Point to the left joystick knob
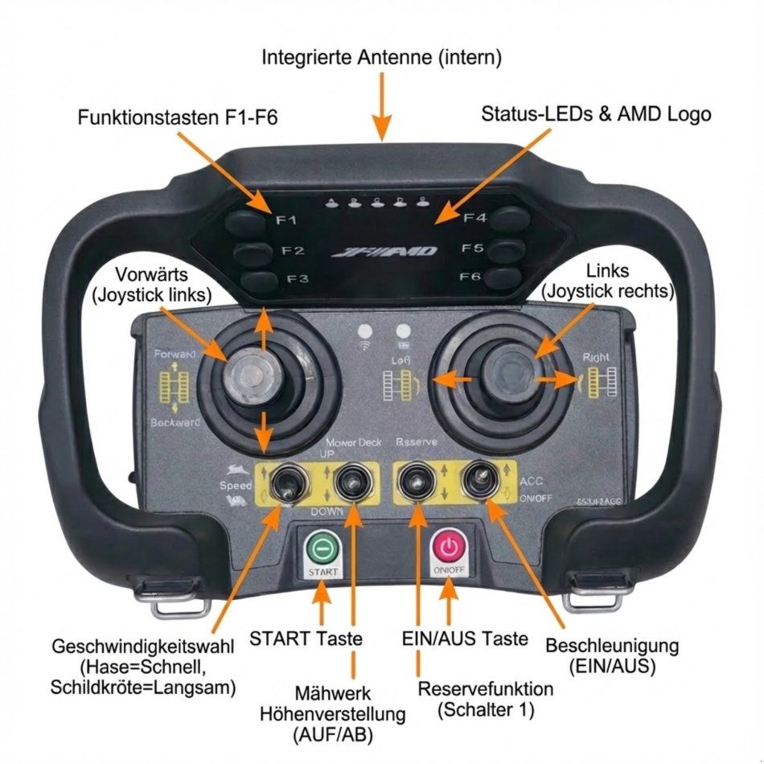249,379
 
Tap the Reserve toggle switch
417,483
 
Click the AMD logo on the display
385,252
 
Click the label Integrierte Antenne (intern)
382,58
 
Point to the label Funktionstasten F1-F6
178,117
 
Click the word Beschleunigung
612,646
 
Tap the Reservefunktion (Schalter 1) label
486,700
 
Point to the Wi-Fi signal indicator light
366,333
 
